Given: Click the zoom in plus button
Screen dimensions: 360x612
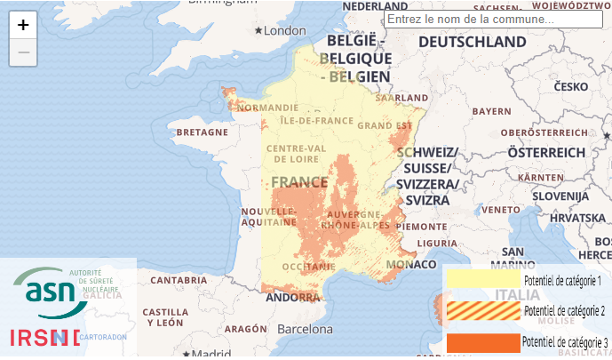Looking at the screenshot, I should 23,25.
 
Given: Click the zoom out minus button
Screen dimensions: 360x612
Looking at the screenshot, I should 23,52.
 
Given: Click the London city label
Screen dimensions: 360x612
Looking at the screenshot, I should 284,31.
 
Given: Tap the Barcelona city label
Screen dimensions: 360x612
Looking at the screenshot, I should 304,329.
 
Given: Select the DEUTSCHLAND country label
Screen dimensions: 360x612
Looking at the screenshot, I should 472,42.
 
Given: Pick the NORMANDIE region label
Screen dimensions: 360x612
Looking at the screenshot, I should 264,108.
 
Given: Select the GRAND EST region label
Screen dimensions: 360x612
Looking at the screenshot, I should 385,125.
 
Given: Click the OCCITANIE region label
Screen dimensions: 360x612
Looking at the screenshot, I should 306,266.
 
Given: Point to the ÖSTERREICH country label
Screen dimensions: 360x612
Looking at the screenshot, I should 546,153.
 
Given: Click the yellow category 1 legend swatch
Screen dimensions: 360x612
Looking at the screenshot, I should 482,280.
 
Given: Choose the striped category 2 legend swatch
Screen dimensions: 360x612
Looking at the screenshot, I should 482,310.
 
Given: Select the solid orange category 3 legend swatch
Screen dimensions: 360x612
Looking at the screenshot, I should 482,342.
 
